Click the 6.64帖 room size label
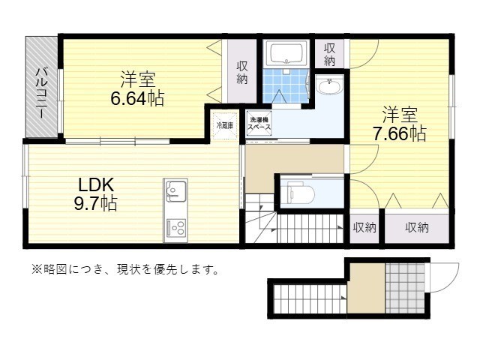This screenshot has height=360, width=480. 137,98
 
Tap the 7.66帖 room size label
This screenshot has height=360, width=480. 399,133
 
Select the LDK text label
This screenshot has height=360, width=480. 96,185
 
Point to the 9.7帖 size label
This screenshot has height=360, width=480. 95,203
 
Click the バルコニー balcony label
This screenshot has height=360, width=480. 42,94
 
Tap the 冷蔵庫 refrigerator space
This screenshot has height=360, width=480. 225,125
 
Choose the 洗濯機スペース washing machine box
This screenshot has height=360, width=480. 259,124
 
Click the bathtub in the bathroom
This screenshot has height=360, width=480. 286,53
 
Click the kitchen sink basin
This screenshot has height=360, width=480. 175,192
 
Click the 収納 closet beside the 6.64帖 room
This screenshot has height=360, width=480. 241,73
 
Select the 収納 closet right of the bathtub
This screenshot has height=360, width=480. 329,54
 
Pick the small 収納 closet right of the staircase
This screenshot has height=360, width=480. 364,227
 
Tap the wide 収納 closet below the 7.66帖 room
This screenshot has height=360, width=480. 417,227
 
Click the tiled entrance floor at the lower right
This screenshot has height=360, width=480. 405,288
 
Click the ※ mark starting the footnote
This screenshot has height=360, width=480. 37,269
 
